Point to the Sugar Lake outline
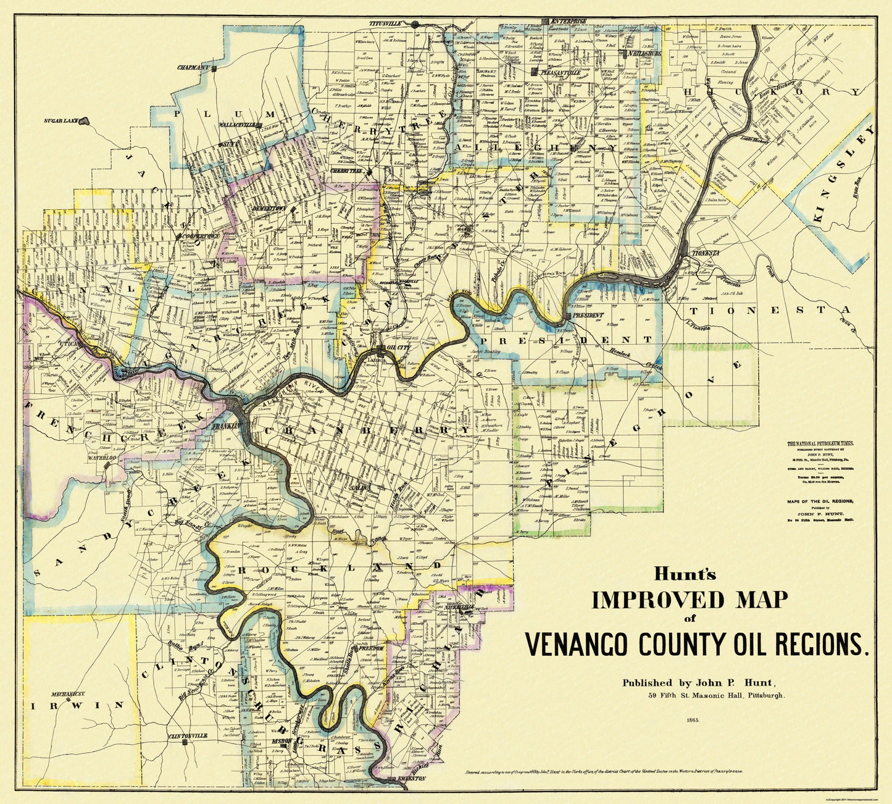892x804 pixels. [x=85, y=121]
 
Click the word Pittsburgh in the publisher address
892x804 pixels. [x=764, y=695]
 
